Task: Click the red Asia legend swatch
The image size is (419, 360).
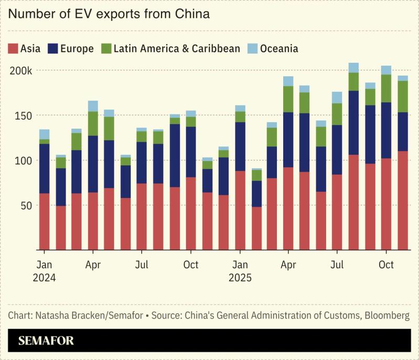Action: [13, 49]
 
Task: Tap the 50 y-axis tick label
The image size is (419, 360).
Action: [27, 205]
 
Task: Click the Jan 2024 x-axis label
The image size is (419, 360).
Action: [44, 271]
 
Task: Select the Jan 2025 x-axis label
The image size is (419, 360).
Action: [240, 271]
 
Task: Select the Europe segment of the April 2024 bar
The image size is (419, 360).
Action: [93, 164]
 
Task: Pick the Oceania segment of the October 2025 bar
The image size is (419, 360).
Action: [386, 70]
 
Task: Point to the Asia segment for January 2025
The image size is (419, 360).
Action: [240, 210]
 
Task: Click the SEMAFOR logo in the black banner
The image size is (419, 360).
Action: [46, 341]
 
